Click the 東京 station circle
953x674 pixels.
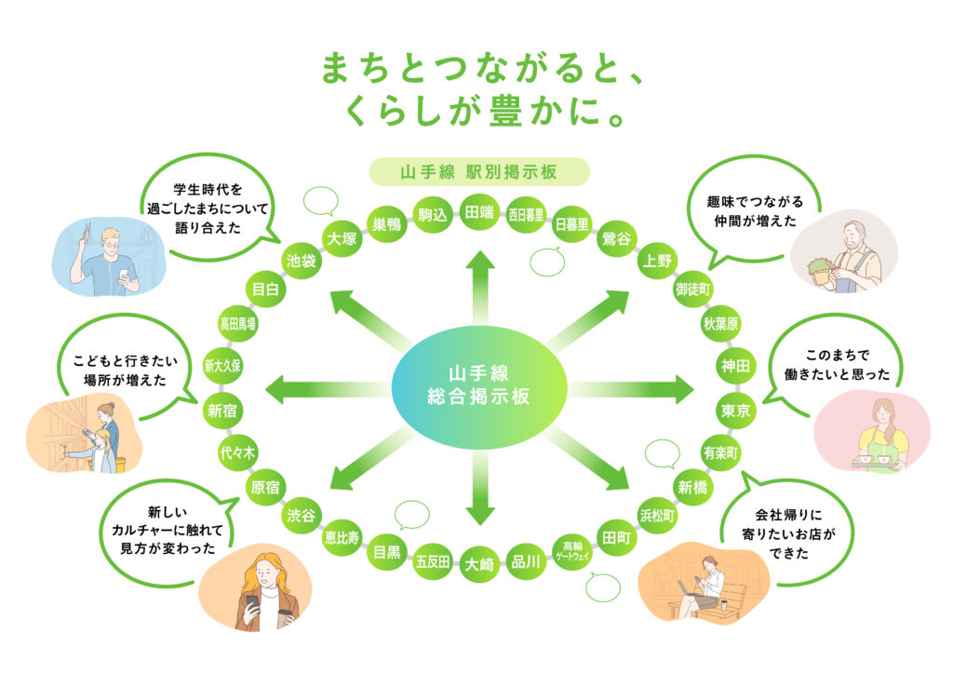[x=736, y=411]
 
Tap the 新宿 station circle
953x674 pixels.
[x=222, y=411]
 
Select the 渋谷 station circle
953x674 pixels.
[x=301, y=516]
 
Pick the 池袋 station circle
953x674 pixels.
[x=302, y=261]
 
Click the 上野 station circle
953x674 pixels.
[x=658, y=261]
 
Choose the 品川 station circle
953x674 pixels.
[x=526, y=562]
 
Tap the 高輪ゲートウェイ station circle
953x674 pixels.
[x=572, y=551]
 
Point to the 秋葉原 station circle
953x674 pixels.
[x=721, y=324]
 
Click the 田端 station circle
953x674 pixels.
[x=479, y=212]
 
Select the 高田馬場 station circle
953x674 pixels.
[x=237, y=324]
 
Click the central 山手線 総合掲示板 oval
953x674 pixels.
[x=479, y=386]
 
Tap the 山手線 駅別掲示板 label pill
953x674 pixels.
[x=479, y=172]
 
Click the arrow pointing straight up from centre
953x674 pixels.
[x=480, y=286]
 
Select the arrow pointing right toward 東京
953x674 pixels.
[x=632, y=388]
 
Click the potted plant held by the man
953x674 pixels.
[x=821, y=270]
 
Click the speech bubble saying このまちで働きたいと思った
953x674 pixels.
[x=837, y=365]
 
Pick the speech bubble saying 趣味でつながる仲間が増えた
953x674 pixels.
[x=755, y=211]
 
